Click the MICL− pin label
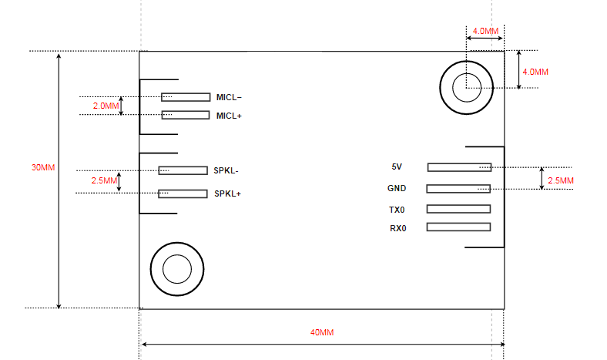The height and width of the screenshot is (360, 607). click(x=229, y=97)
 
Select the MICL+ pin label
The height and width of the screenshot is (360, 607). click(x=229, y=116)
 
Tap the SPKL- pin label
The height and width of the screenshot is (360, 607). click(x=226, y=170)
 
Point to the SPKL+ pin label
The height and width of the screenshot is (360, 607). click(x=227, y=193)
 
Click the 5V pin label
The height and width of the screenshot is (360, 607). click(x=397, y=167)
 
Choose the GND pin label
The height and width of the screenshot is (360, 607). click(x=397, y=188)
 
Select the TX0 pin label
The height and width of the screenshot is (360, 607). click(x=397, y=210)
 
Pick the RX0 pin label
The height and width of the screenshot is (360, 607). click(x=397, y=227)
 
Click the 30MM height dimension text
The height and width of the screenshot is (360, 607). click(x=43, y=167)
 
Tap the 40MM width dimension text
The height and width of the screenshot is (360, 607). click(x=322, y=332)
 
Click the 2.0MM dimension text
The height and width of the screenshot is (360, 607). click(x=106, y=106)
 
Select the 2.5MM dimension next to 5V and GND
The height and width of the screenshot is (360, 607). click(x=560, y=180)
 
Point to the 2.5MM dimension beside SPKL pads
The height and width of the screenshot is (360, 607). click(x=103, y=180)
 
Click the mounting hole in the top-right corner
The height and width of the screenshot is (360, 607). click(x=467, y=86)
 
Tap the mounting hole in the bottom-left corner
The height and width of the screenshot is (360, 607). click(x=177, y=270)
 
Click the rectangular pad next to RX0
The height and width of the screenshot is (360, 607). click(x=458, y=227)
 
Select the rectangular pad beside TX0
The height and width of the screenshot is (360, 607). click(x=458, y=209)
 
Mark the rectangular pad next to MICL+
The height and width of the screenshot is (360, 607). click(x=185, y=115)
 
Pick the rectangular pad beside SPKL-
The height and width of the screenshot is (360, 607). click(x=183, y=170)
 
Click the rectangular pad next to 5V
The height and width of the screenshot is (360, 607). click(x=459, y=167)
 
